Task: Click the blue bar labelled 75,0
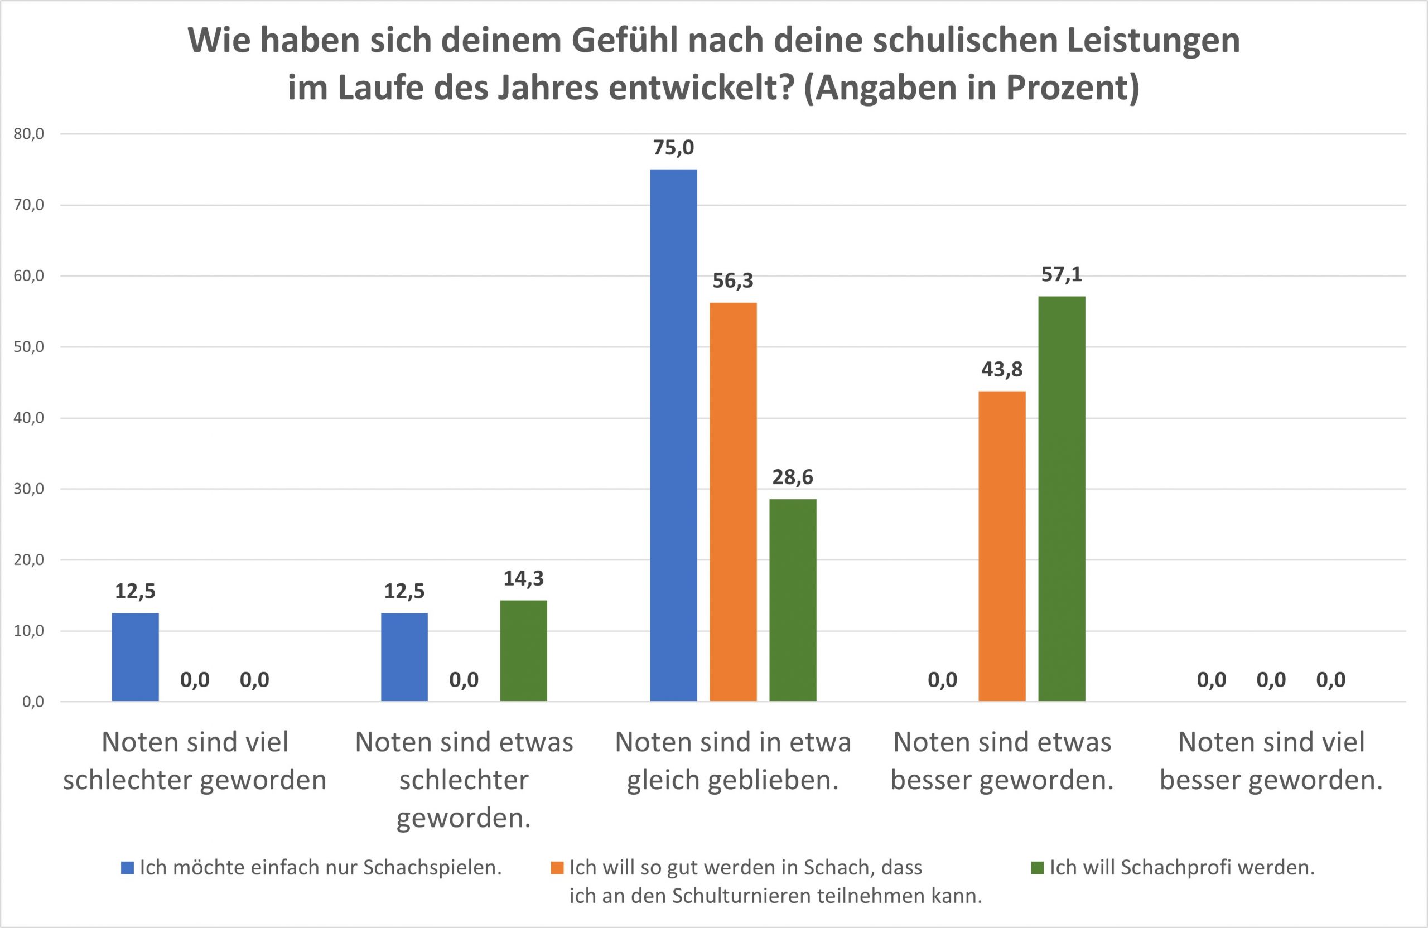pyautogui.click(x=673, y=435)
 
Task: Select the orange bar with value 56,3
pyautogui.click(x=732, y=501)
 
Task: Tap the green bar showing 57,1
pyautogui.click(x=1062, y=499)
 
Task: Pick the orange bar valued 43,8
pyautogui.click(x=1001, y=546)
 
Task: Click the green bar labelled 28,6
pyautogui.click(x=793, y=600)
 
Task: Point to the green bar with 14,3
pyautogui.click(x=523, y=650)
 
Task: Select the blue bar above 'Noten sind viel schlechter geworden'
pyautogui.click(x=135, y=657)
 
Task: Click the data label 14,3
pyautogui.click(x=523, y=578)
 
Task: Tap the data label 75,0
pyautogui.click(x=673, y=148)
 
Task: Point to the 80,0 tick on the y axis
pyautogui.click(x=29, y=134)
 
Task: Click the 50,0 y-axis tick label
pyautogui.click(x=29, y=347)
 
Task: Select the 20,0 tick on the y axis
pyautogui.click(x=29, y=560)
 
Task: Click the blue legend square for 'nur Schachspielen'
pyautogui.click(x=127, y=868)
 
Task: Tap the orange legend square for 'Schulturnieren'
pyautogui.click(x=557, y=868)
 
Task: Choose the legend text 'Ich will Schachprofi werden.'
pyautogui.click(x=1182, y=868)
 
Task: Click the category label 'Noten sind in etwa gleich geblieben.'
pyautogui.click(x=732, y=761)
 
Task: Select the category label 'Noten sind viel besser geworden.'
pyautogui.click(x=1271, y=761)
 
